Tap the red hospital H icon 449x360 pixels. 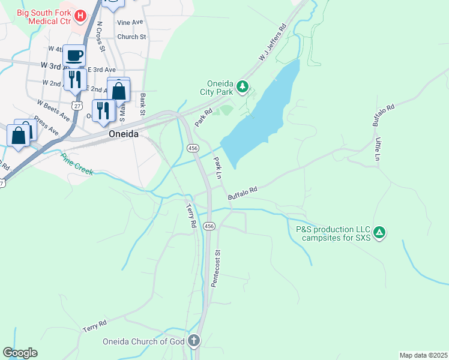tap(79, 14)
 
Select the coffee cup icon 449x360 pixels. tap(74, 56)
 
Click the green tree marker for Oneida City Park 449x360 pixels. tap(243, 87)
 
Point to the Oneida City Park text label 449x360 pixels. tap(216, 88)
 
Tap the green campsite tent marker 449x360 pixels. tap(379, 232)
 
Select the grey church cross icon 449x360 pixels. tap(194, 341)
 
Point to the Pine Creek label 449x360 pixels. tap(76, 164)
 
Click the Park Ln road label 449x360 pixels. tap(218, 167)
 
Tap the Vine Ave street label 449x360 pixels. tap(130, 22)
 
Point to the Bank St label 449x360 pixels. tap(143, 104)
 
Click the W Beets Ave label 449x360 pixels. tap(53, 111)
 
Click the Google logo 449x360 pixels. tap(20, 353)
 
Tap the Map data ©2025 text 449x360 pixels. tap(423, 355)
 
